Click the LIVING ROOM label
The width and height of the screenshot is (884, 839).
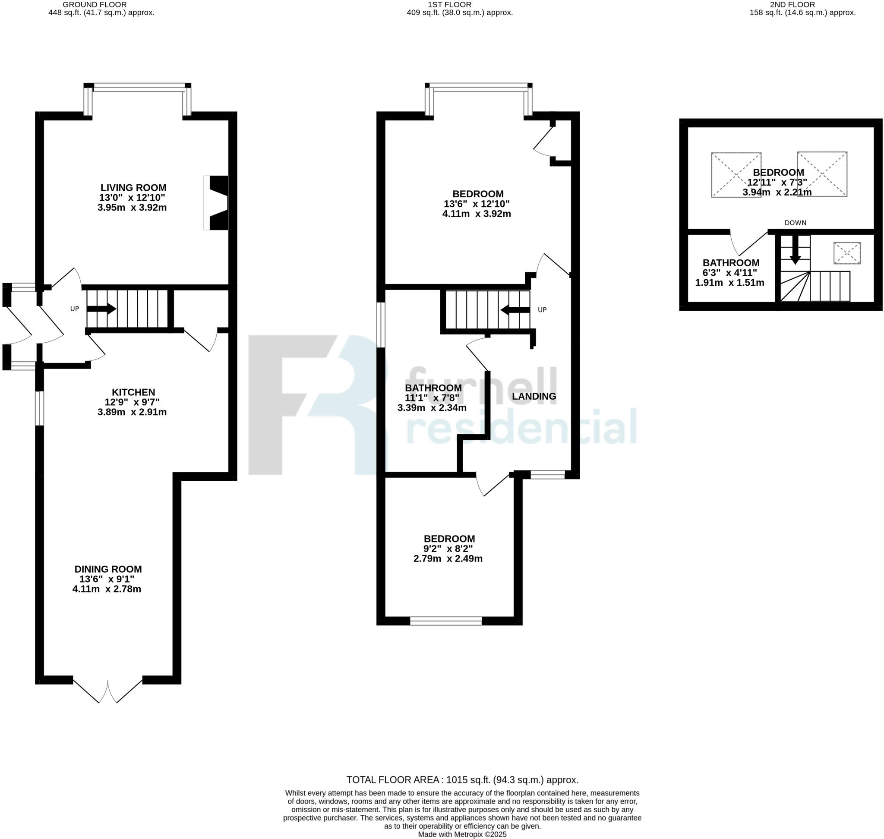(133, 188)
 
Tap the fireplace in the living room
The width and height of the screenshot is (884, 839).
(217, 203)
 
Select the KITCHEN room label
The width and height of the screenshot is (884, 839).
(133, 392)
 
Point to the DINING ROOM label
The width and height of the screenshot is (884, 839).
(108, 569)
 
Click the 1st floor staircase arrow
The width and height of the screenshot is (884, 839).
(515, 310)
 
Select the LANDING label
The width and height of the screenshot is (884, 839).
(534, 396)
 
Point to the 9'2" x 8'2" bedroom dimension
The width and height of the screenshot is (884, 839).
(448, 549)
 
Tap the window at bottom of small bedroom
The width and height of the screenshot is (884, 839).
(445, 621)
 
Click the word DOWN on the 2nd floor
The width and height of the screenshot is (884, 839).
(795, 223)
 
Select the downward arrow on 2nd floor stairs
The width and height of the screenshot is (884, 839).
(795, 250)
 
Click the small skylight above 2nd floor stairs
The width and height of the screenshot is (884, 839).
(846, 253)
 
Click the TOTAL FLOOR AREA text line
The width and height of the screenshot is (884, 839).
(462, 780)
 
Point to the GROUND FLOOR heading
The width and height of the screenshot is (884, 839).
(95, 4)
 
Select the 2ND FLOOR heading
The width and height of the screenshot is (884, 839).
(799, 4)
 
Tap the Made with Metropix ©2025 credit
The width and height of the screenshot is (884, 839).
(462, 835)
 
